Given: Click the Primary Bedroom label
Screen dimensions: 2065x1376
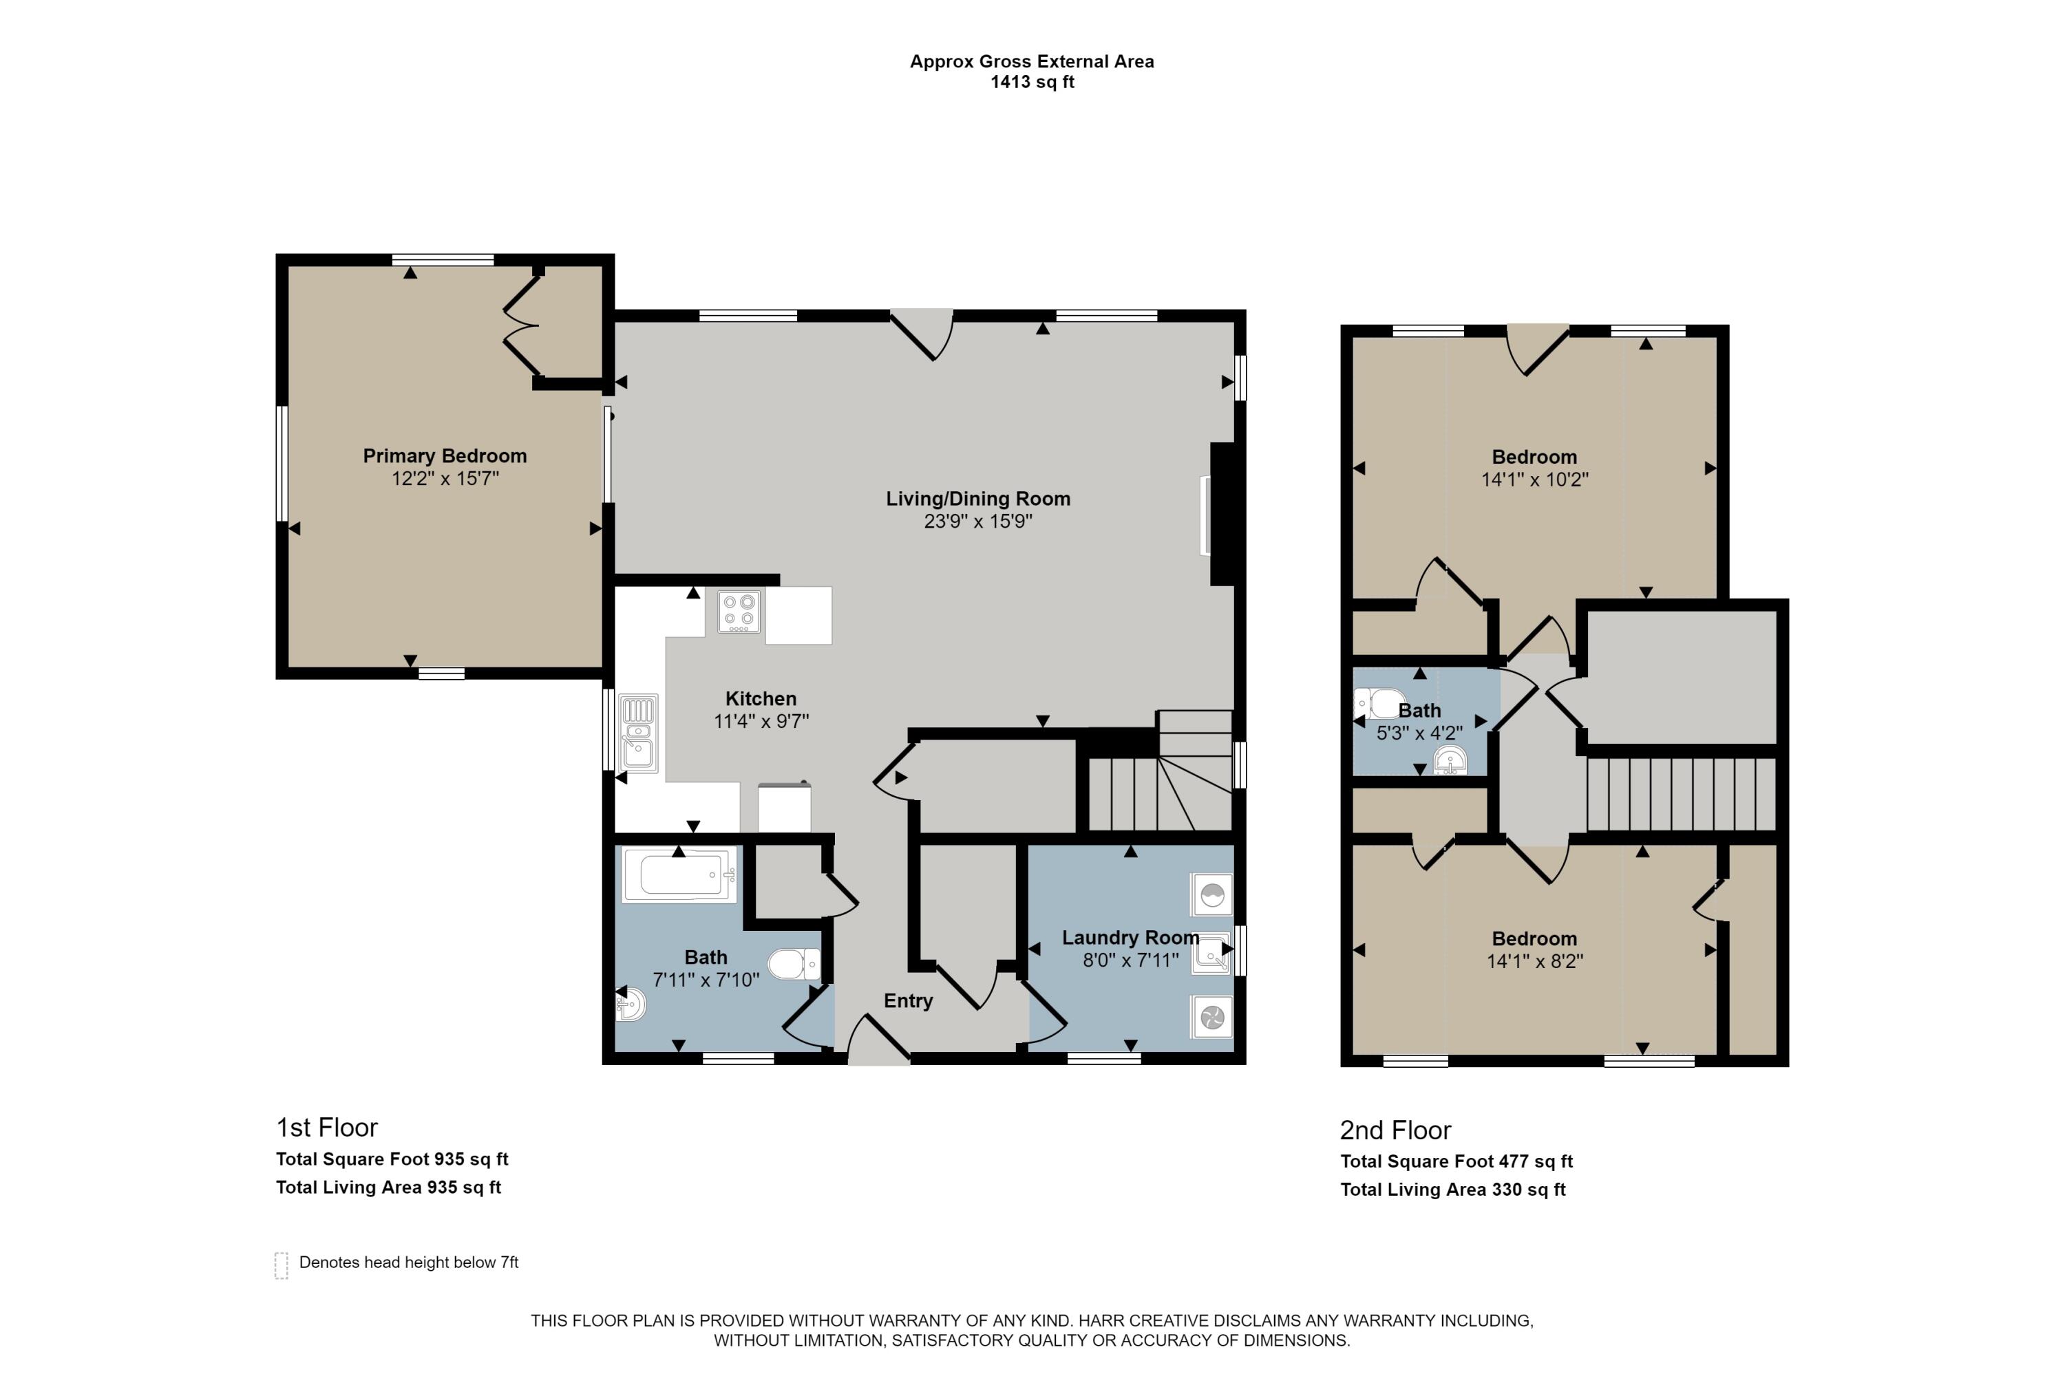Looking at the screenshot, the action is (445, 456).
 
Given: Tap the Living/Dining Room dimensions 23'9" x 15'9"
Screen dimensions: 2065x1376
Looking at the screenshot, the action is (978, 522).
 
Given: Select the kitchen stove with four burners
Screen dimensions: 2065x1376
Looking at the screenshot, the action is (739, 611).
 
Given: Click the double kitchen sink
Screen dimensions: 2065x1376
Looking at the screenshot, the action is (638, 733).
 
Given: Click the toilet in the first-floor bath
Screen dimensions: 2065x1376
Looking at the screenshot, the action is (794, 965).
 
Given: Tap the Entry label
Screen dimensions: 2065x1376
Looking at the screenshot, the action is (908, 1001).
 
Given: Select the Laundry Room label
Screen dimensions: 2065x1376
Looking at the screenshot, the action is (1131, 938).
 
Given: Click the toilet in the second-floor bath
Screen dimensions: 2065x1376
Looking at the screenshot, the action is (1379, 704).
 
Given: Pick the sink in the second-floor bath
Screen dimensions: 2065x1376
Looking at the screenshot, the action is (1450, 761).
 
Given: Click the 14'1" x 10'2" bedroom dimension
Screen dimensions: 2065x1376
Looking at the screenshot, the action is (1535, 480).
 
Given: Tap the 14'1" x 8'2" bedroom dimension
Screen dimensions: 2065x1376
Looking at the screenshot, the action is (1535, 962).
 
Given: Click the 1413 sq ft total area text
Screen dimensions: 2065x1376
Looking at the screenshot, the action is (1032, 83).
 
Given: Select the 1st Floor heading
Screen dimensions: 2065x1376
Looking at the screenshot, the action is (326, 1128).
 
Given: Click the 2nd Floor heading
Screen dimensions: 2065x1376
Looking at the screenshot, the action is (1395, 1130).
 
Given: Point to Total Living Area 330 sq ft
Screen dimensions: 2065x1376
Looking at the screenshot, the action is (1453, 1190).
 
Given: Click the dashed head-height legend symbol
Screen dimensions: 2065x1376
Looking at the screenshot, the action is (281, 1265).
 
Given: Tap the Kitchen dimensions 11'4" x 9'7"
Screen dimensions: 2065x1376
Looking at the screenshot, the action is (761, 721).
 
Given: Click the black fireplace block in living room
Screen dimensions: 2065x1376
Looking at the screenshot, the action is (1223, 514).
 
